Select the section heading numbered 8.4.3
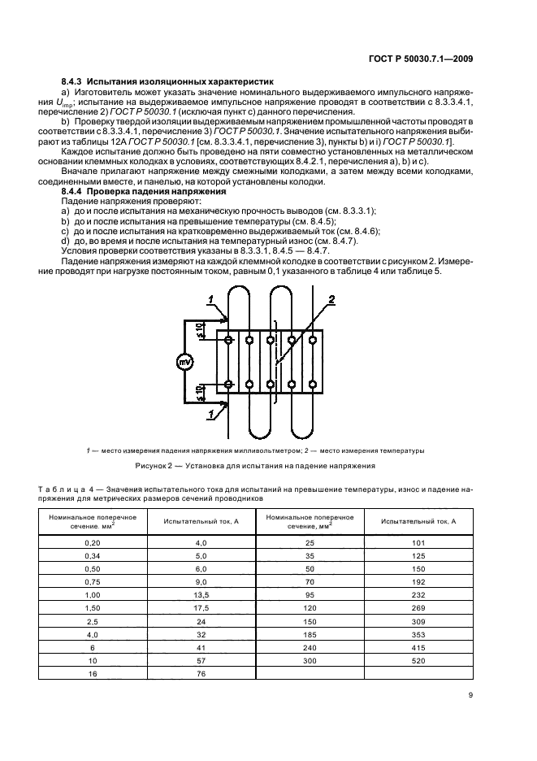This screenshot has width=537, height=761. point(167,82)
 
